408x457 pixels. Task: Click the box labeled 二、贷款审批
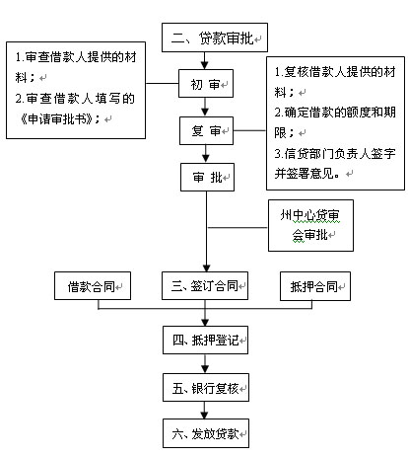[215, 38]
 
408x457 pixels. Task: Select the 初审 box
[206, 84]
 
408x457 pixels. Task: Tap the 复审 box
[206, 130]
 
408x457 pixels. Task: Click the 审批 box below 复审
[207, 178]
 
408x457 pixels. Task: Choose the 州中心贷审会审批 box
[310, 226]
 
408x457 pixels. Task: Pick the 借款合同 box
[93, 286]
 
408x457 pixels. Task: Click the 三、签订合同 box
[205, 285]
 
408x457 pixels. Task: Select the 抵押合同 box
[315, 286]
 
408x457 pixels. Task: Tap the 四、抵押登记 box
[205, 341]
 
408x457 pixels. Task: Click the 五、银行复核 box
[206, 388]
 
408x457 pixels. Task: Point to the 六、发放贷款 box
[206, 433]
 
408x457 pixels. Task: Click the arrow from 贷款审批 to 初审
[205, 60]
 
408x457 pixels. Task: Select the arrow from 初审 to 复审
[205, 107]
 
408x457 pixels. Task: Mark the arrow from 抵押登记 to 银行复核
[205, 363]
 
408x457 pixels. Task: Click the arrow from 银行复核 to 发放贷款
[205, 410]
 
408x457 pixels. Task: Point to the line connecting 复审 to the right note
[249, 130]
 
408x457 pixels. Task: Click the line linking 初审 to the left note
[162, 83]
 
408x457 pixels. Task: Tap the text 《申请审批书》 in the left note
[56, 118]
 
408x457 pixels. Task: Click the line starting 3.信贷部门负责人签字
[335, 153]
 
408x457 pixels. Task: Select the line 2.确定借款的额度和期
[335, 113]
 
